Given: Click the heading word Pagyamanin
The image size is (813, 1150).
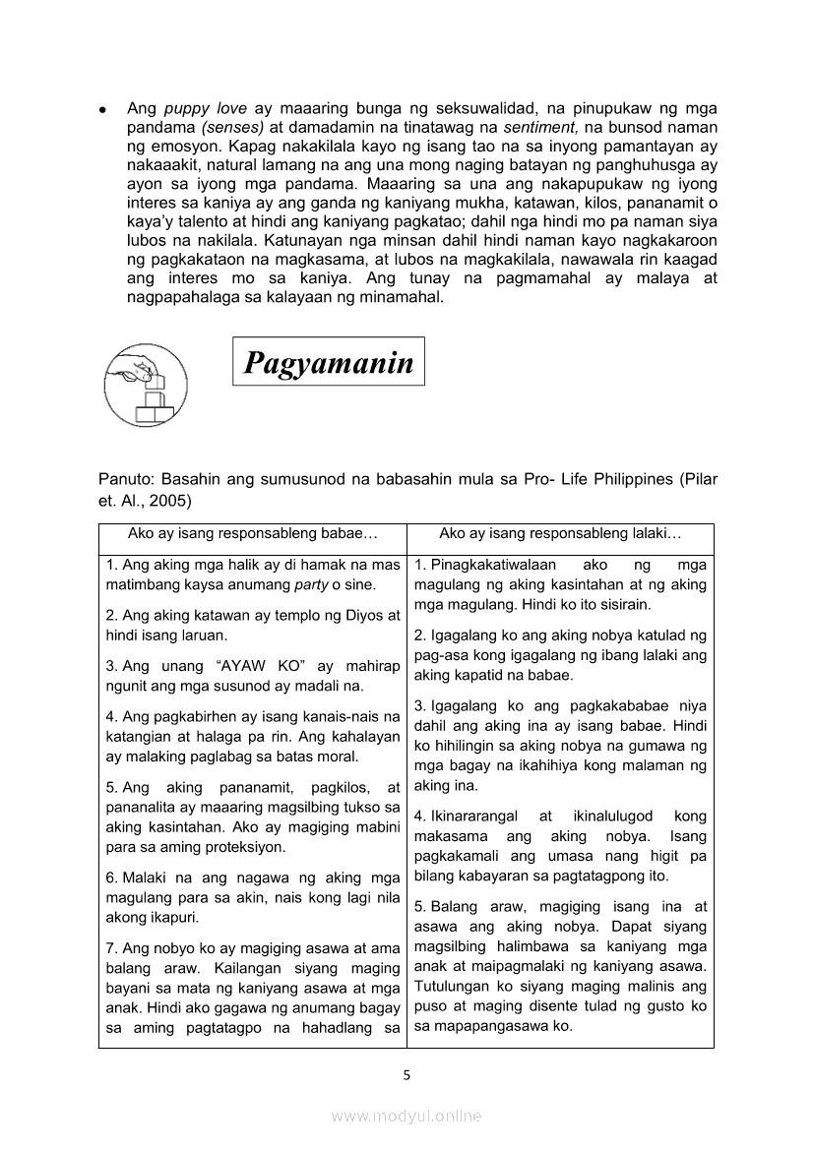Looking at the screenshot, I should pyautogui.click(x=328, y=364).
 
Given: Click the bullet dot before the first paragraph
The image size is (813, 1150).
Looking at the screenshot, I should pyautogui.click(x=102, y=109).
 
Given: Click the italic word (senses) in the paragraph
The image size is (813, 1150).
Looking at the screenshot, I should pyautogui.click(x=232, y=127).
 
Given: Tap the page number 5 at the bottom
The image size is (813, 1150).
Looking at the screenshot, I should pyautogui.click(x=406, y=1075).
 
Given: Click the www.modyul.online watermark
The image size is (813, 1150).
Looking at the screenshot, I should pyautogui.click(x=406, y=1116).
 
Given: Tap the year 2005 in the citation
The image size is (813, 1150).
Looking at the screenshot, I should pyautogui.click(x=170, y=500).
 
